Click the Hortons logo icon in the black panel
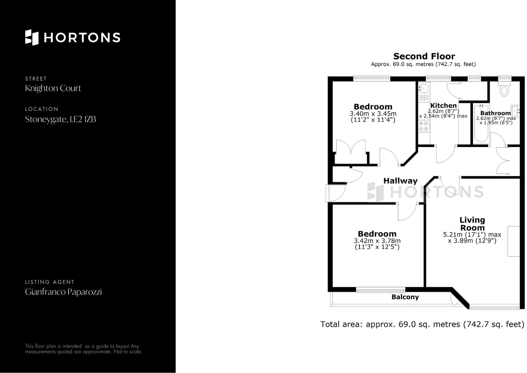pyautogui.click(x=32, y=37)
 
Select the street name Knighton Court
pyautogui.click(x=53, y=88)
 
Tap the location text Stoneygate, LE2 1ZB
pyautogui.click(x=60, y=119)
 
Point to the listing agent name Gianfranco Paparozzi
pyautogui.click(x=63, y=292)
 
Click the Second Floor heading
pyautogui.click(x=424, y=56)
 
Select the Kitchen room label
pyautogui.click(x=443, y=106)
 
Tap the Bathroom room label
pyautogui.click(x=495, y=113)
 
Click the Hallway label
pyautogui.click(x=400, y=181)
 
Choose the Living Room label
pyautogui.click(x=472, y=224)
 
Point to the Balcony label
pyautogui.click(x=405, y=297)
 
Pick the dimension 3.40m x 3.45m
pyautogui.click(x=373, y=114)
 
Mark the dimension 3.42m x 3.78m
pyautogui.click(x=377, y=241)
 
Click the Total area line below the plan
pyautogui.click(x=422, y=324)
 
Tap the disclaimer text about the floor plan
pyautogui.click(x=83, y=349)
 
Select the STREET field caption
pyautogui.click(x=36, y=79)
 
